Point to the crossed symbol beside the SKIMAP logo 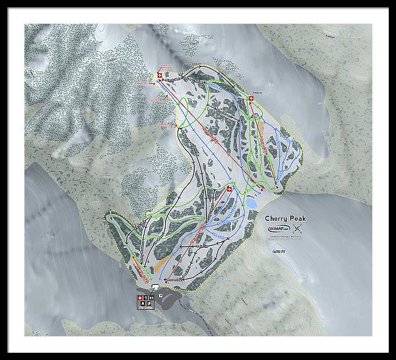298,229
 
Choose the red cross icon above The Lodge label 139,299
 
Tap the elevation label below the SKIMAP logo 277,251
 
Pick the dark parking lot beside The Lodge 173,298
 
